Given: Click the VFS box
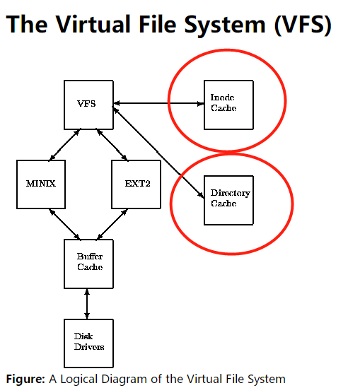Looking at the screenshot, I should (88, 105).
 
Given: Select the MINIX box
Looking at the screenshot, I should (41, 184).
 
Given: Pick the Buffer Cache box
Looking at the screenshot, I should (88, 263).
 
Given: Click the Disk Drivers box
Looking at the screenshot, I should (88, 343).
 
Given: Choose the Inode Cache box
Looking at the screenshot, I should (228, 104).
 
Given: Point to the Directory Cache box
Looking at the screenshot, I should (228, 199).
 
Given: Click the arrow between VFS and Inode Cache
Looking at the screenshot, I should (158, 104).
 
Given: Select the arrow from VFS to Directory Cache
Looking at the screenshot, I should (159, 151).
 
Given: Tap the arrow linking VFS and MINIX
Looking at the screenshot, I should (64, 144).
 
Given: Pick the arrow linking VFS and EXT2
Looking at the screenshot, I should (112, 144).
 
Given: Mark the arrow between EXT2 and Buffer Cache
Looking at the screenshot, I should (112, 223).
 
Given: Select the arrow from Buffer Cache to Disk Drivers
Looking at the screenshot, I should (88, 303).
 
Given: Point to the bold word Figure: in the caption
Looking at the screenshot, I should (25, 379).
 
